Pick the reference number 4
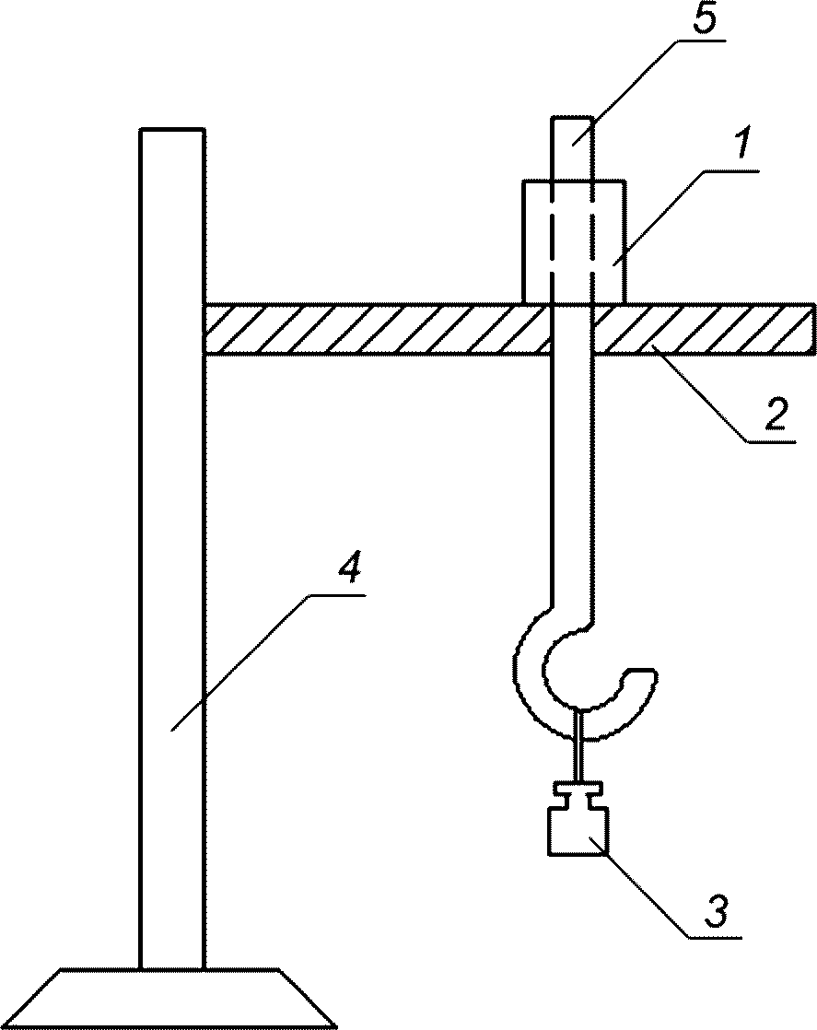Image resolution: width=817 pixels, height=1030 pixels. (x=349, y=569)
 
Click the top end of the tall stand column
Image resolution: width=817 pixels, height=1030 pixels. (x=172, y=130)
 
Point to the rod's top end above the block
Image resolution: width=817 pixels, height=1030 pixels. (x=571, y=117)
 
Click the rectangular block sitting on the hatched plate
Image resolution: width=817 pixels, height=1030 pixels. (x=573, y=240)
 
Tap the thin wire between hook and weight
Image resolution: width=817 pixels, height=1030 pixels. (x=578, y=745)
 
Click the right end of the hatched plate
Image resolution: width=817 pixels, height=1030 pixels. (x=813, y=329)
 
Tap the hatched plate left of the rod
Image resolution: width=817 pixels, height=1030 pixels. (x=376, y=329)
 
